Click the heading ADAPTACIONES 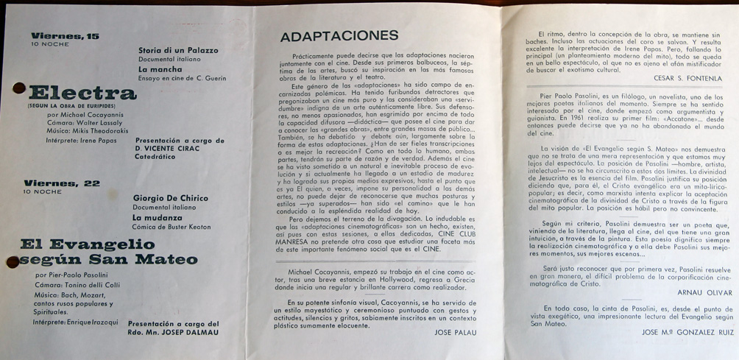coord(339,35)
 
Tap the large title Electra coord(82,93)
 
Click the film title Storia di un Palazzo coord(178,50)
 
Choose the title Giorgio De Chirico coord(170,198)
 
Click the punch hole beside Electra coord(19,89)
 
